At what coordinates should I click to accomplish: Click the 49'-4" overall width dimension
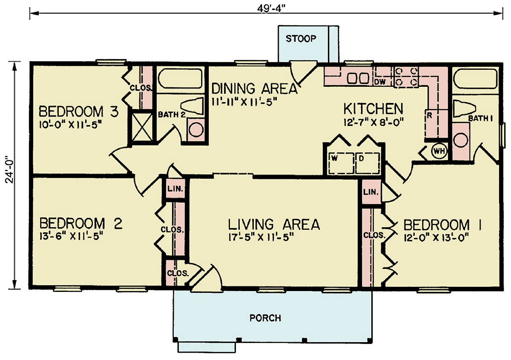(271, 9)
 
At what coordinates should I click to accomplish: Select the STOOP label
(301, 39)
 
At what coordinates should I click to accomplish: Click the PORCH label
(265, 318)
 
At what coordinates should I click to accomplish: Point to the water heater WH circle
(439, 151)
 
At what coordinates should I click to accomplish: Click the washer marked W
(342, 163)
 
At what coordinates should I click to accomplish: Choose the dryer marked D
(368, 163)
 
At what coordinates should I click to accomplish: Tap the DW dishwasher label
(380, 82)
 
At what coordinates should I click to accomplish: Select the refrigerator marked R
(436, 123)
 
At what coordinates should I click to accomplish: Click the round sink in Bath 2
(196, 129)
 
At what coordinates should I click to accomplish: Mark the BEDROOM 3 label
(79, 111)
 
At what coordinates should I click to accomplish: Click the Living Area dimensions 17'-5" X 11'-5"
(261, 238)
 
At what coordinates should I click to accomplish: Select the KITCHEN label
(373, 109)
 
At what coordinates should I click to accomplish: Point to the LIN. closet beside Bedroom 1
(371, 192)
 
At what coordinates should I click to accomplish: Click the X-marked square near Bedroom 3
(142, 127)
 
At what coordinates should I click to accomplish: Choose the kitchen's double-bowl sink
(358, 79)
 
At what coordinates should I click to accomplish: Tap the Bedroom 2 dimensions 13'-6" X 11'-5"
(70, 237)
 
